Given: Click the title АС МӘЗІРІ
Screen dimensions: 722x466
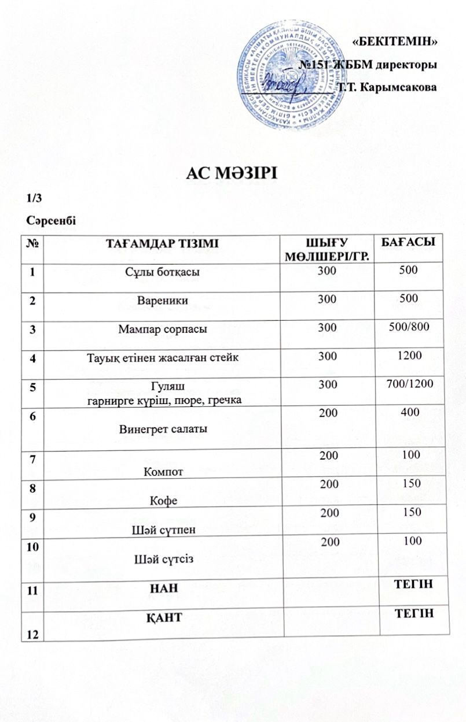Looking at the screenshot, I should tap(233, 173).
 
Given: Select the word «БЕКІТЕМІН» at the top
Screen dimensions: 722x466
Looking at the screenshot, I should tap(394, 41).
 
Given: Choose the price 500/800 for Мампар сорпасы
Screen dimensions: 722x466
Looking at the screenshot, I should tap(408, 328).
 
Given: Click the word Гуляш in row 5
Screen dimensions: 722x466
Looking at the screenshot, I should tap(162, 386).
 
